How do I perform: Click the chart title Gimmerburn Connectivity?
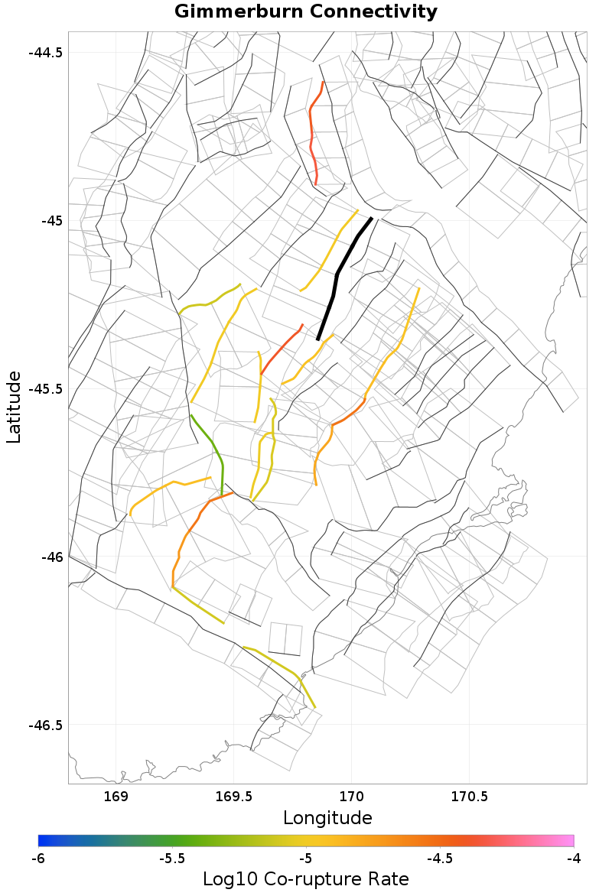(x=306, y=12)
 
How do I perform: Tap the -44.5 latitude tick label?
(x=46, y=53)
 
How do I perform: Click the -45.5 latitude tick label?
(x=46, y=388)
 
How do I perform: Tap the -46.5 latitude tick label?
(x=46, y=724)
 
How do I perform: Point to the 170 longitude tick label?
(x=351, y=797)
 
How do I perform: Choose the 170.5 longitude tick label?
(x=469, y=797)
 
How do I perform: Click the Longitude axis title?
(x=327, y=818)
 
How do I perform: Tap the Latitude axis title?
(x=14, y=407)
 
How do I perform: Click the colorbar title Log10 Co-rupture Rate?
(x=306, y=879)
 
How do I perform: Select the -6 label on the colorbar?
(x=38, y=859)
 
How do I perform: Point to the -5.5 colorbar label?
(x=172, y=859)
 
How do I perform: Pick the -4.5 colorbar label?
(x=440, y=859)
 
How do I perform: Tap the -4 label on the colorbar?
(x=574, y=859)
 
